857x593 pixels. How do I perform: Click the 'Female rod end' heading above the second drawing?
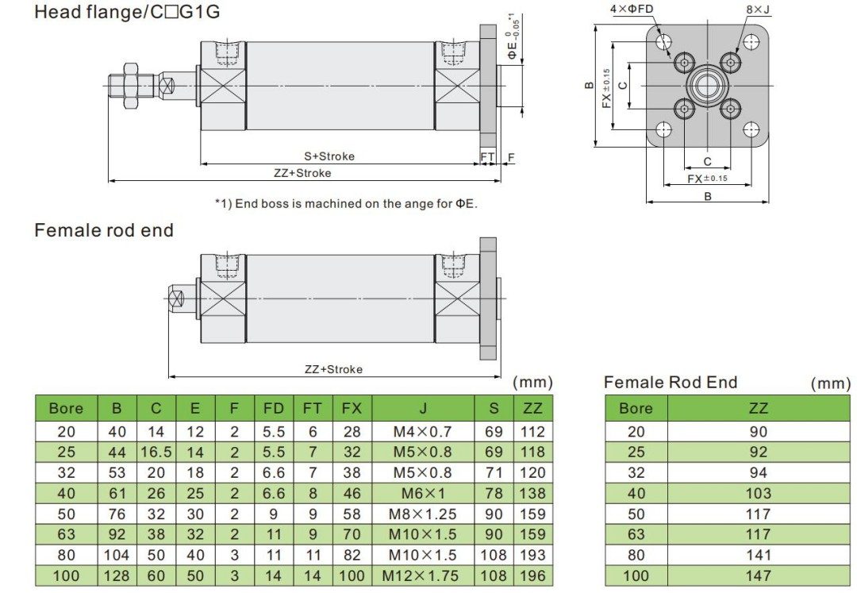point(104,230)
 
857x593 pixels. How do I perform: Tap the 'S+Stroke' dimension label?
point(329,156)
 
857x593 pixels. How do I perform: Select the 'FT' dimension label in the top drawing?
point(487,157)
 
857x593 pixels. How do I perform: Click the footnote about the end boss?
point(346,203)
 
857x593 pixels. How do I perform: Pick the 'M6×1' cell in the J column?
point(423,494)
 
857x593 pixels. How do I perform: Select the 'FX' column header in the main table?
point(352,409)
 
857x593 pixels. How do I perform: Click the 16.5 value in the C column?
point(156,452)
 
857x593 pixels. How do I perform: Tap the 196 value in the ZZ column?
point(532,576)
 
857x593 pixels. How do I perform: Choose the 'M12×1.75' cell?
point(423,576)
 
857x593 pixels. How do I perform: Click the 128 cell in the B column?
point(117,576)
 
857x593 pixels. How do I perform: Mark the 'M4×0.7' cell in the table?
point(423,432)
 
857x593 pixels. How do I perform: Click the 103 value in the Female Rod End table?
point(758,494)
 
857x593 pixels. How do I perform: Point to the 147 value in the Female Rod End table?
point(758,576)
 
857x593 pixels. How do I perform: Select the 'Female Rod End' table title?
point(671,383)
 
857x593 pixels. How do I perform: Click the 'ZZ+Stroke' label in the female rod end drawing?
point(333,369)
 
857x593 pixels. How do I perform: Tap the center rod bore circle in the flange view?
point(707,86)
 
